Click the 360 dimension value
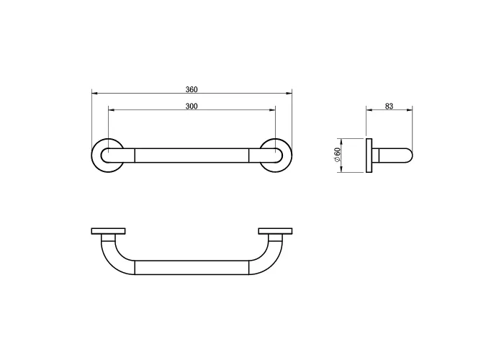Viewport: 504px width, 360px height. (192, 89)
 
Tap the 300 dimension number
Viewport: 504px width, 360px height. (192, 106)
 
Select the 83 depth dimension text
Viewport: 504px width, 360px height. (389, 106)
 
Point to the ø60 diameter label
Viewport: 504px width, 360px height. (337, 155)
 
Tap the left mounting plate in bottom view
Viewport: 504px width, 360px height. (108, 231)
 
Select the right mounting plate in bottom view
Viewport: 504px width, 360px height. (275, 231)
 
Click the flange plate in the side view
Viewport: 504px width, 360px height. (369, 156)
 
